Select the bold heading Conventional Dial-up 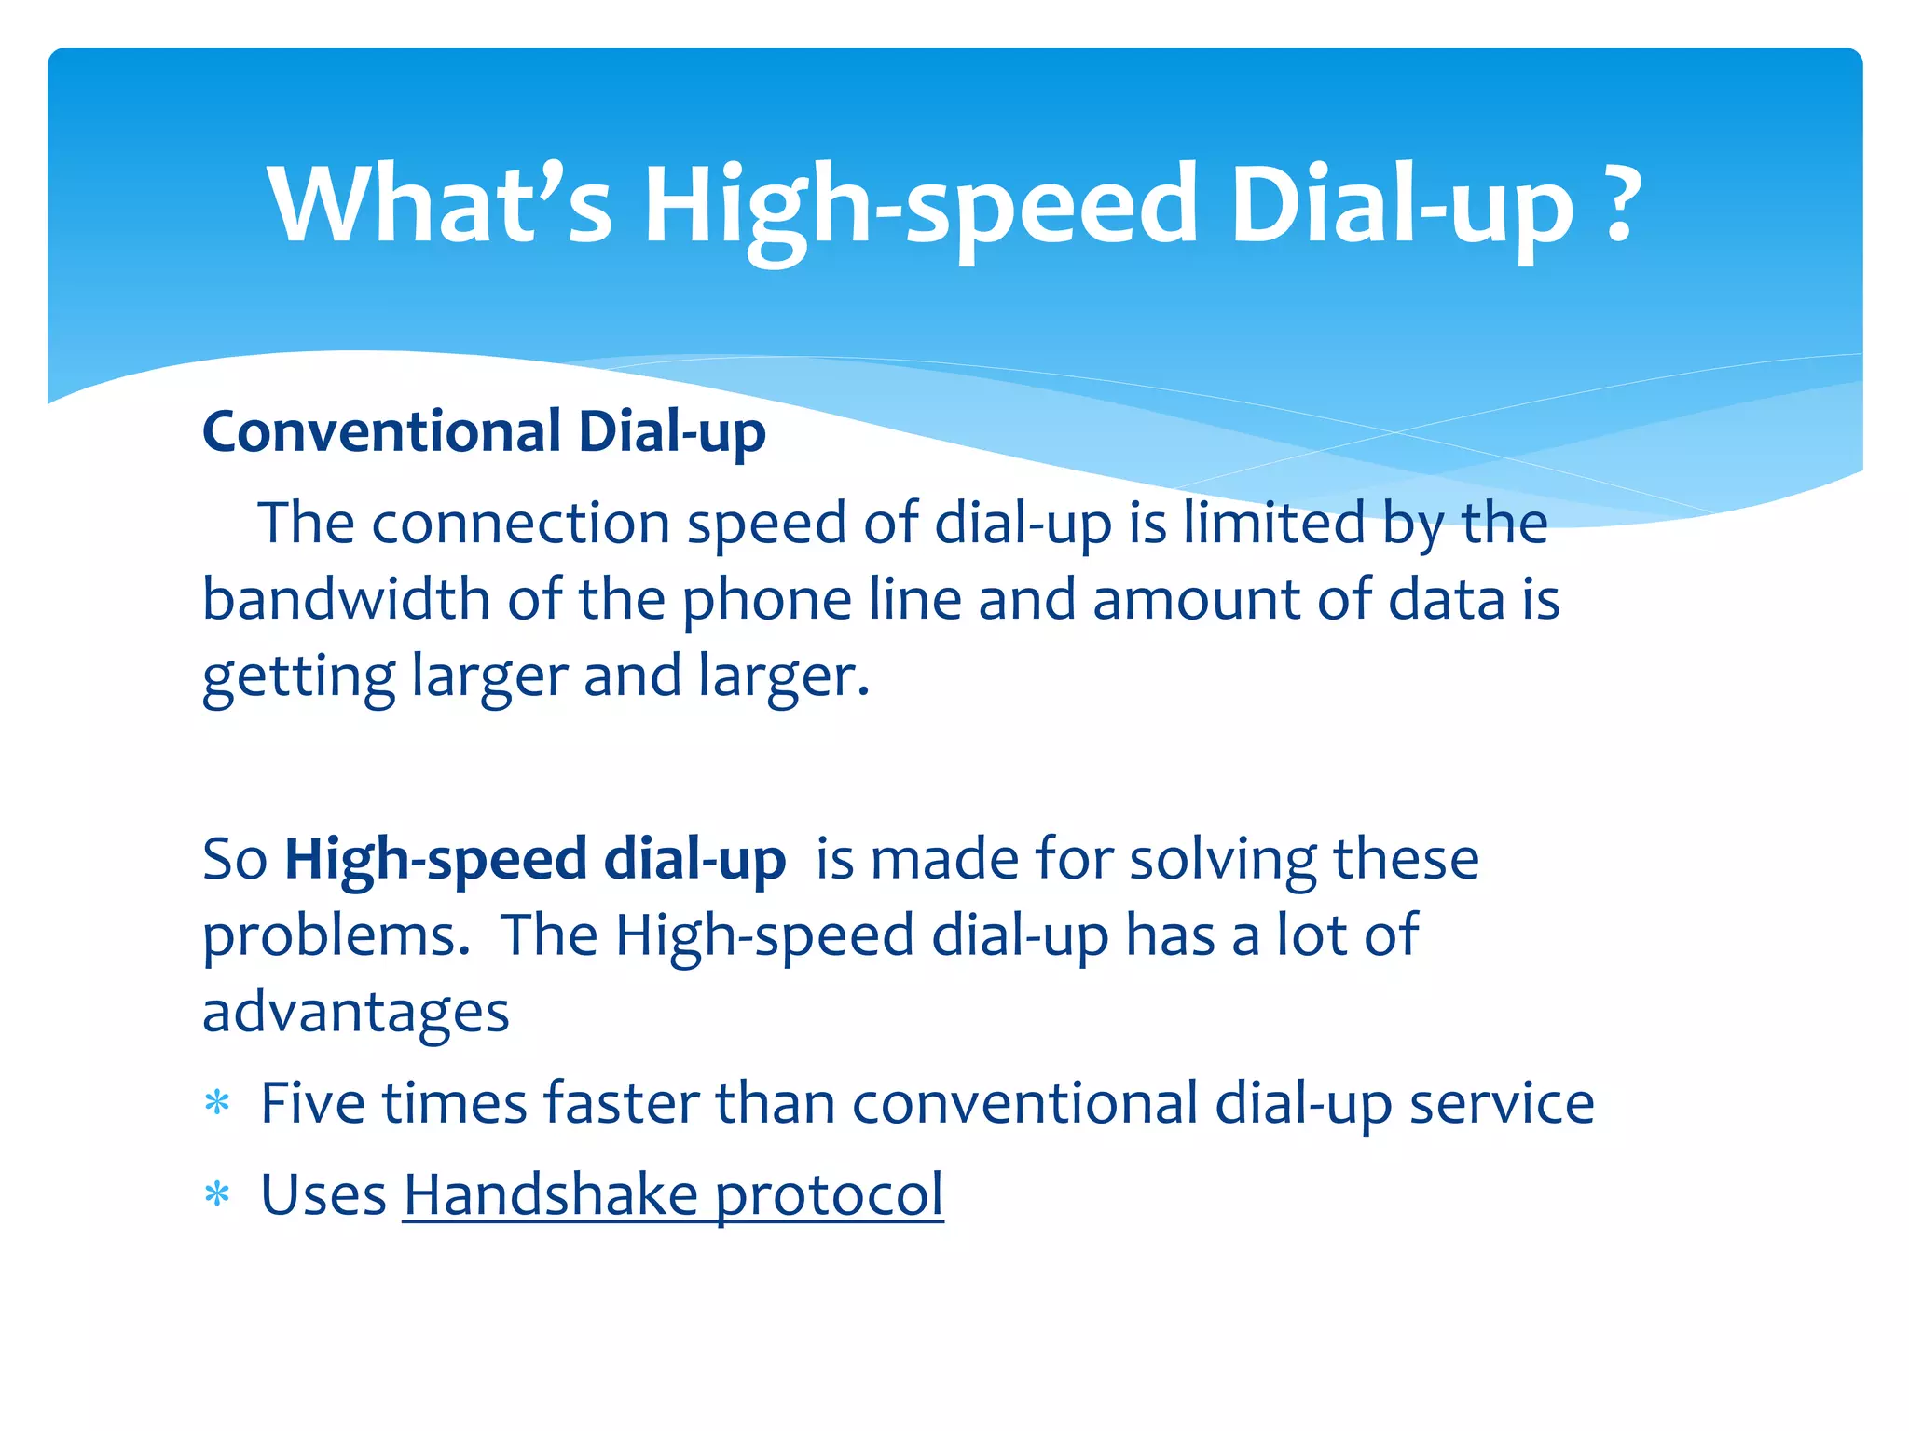pos(484,432)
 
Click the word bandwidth pos(346,598)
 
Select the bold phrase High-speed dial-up pos(535,860)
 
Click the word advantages pos(356,1013)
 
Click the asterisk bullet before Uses pos(217,1195)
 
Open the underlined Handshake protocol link pos(673,1195)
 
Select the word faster pos(621,1104)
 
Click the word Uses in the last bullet pos(323,1195)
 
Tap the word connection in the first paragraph pos(520,524)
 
